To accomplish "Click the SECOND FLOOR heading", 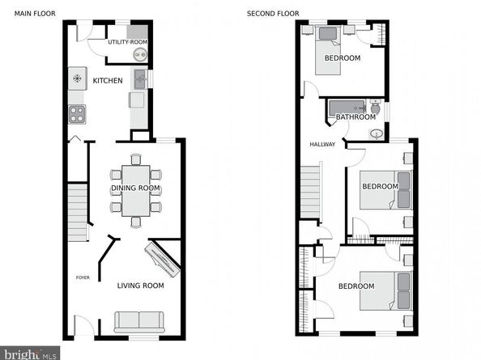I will (x=273, y=14).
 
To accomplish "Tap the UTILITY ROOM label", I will (x=128, y=41).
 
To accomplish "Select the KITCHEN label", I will (x=108, y=81).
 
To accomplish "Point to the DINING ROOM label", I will (x=135, y=188).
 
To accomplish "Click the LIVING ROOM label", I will (x=140, y=286).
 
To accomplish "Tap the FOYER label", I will (x=83, y=277).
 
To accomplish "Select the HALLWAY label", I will (x=321, y=145).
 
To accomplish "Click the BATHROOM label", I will (x=355, y=117).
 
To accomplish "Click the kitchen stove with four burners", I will (x=77, y=114).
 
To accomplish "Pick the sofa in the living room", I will (x=139, y=321).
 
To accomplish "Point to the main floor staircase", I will (x=77, y=211).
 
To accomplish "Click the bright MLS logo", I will (x=31, y=353).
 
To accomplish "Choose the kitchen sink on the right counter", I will (x=139, y=78).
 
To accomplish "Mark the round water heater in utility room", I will (x=139, y=56).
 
